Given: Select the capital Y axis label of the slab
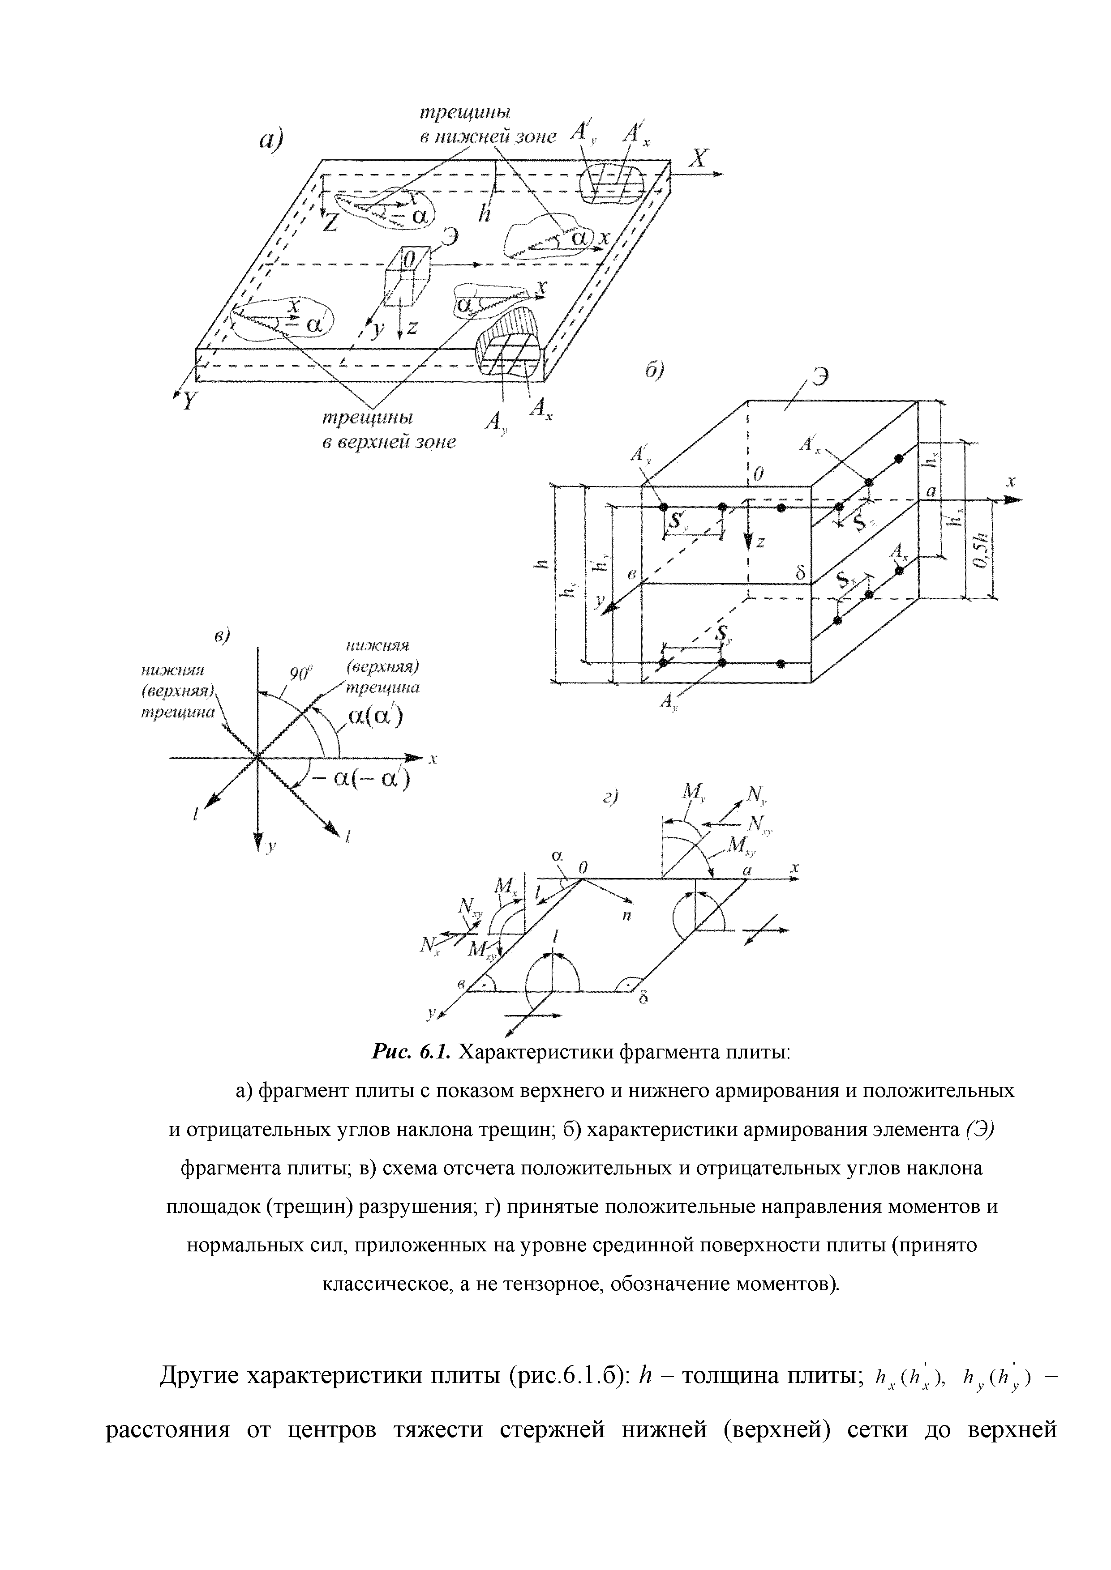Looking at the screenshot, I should point(188,401).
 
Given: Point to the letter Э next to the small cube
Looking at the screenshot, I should point(450,237).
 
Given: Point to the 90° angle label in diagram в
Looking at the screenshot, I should point(300,674).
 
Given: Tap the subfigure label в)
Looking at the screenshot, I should point(223,635).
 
